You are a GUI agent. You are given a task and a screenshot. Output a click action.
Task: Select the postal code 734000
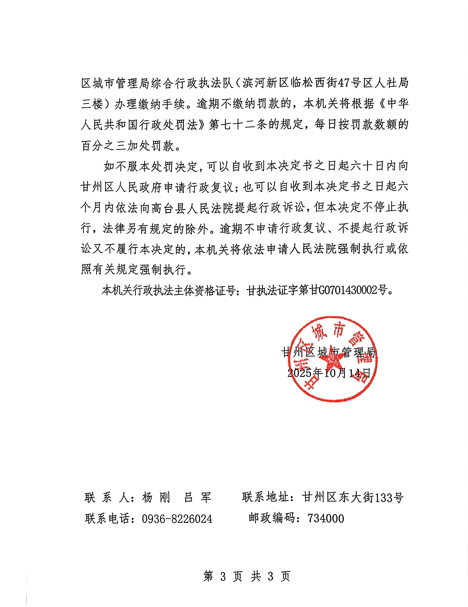[326, 518]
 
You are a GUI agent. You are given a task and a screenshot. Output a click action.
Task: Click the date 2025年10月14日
[329, 373]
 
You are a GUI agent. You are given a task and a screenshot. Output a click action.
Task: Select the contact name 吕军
[198, 497]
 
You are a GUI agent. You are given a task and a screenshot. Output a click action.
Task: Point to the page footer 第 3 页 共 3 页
[247, 576]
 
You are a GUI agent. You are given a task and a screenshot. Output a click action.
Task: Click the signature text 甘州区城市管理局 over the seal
[328, 352]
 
